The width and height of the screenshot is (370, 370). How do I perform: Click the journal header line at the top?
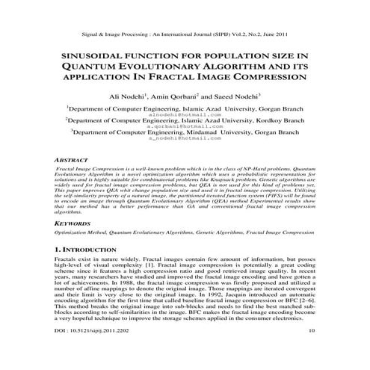pos(185,34)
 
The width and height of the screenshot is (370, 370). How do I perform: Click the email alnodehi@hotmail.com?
pos(185,114)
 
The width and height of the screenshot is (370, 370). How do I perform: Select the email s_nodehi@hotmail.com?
pos(185,138)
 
